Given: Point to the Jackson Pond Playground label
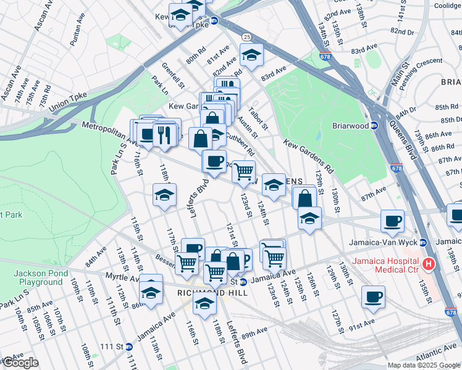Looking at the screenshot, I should click(x=38, y=277).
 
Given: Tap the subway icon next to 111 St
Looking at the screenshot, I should click(x=128, y=347).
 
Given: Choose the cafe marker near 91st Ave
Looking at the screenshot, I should click(x=373, y=297).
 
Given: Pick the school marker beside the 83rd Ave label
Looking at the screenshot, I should click(x=251, y=56).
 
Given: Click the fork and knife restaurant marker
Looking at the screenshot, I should click(x=164, y=134).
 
